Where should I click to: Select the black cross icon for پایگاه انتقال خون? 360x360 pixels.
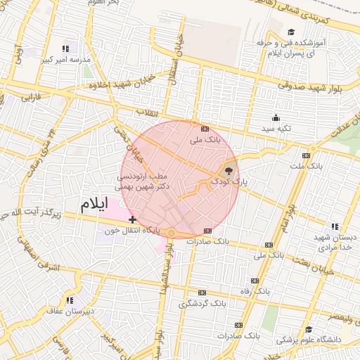click(133, 220)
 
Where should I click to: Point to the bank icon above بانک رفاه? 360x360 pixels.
click(261, 280)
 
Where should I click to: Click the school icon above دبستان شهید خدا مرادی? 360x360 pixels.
click(335, 226)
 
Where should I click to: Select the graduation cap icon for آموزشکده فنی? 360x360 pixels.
click(291, 32)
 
